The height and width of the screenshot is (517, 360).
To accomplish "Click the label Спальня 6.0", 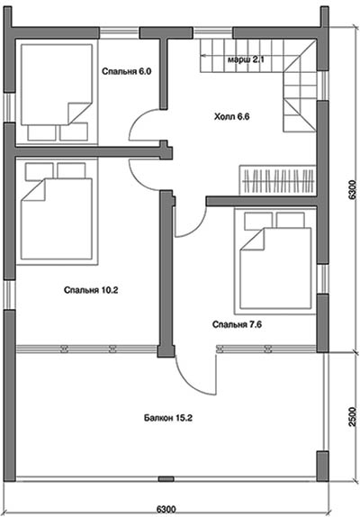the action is (x=127, y=71).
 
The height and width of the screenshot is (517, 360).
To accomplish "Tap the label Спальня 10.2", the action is (x=91, y=290).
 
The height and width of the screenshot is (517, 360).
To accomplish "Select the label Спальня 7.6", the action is (x=237, y=324).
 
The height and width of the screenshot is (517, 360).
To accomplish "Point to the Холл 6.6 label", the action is (x=232, y=116).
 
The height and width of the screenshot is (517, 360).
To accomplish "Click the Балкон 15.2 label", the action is (x=168, y=418).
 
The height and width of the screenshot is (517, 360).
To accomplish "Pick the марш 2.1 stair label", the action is (x=246, y=59).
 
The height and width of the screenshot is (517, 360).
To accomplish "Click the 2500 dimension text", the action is (x=353, y=417).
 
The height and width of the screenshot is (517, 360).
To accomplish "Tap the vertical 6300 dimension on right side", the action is (x=352, y=189).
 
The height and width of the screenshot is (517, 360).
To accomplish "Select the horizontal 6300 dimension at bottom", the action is (x=166, y=509).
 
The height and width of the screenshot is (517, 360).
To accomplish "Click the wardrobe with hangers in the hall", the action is (x=278, y=180).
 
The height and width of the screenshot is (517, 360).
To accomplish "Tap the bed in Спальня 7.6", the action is (x=275, y=260).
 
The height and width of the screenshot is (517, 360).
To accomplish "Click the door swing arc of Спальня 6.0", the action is (x=136, y=120).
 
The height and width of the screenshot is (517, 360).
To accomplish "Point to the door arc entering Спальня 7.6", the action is (x=199, y=228).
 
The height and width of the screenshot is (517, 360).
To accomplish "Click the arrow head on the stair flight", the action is (x=203, y=56).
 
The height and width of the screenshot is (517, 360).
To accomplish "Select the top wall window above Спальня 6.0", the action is (x=119, y=33).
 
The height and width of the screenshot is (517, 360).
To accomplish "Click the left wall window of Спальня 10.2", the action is (x=10, y=295).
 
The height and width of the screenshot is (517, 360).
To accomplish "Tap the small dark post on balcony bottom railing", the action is (x=166, y=479).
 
